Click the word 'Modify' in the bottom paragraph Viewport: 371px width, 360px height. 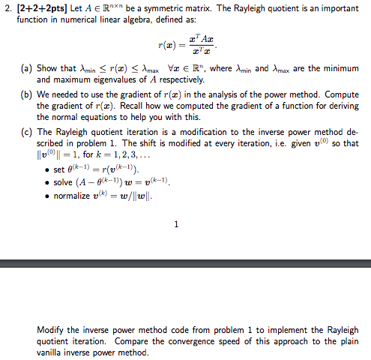(51, 330)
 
